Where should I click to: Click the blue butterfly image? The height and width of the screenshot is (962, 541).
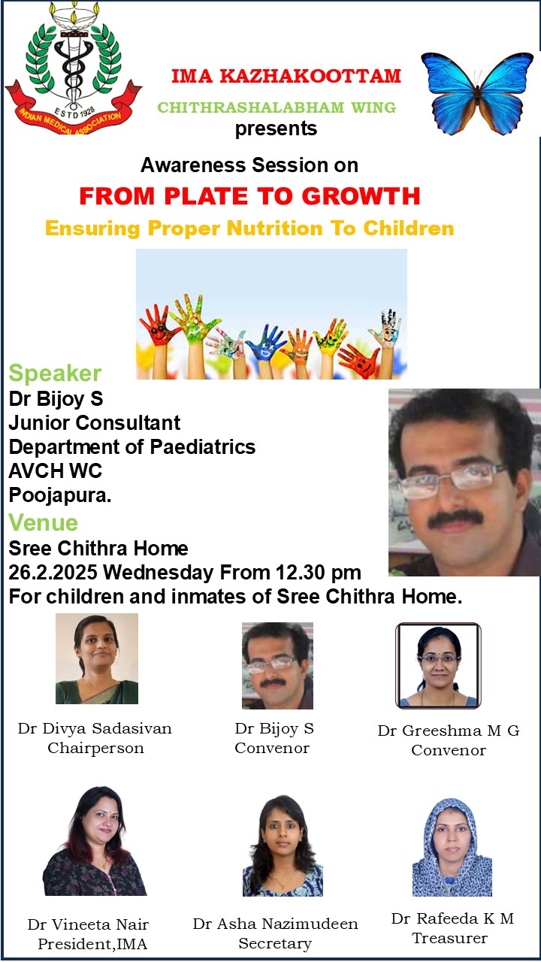click(476, 94)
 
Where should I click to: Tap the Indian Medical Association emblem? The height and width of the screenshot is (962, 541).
click(73, 68)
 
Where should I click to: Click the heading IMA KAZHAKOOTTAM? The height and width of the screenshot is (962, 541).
click(286, 77)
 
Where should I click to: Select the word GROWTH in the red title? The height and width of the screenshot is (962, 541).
click(361, 196)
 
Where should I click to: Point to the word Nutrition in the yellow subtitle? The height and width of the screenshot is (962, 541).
click(274, 228)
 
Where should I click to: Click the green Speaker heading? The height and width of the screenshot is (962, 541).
click(55, 373)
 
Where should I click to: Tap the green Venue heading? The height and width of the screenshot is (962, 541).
click(44, 522)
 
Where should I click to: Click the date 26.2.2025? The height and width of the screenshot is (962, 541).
click(53, 573)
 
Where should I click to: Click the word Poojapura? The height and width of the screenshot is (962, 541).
click(60, 495)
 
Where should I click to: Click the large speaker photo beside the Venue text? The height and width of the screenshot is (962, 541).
click(464, 483)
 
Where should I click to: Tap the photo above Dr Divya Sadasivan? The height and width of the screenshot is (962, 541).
click(97, 658)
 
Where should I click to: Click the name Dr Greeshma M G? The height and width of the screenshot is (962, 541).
click(449, 731)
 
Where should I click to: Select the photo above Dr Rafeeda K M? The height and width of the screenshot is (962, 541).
click(452, 847)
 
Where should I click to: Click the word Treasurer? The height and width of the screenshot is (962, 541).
click(450, 939)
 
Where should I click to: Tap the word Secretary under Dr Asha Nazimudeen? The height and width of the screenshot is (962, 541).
click(275, 943)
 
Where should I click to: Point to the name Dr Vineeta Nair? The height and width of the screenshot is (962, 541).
click(89, 924)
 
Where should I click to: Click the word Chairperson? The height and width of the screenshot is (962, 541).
click(95, 748)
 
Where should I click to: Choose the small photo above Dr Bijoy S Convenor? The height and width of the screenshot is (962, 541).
click(277, 666)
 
